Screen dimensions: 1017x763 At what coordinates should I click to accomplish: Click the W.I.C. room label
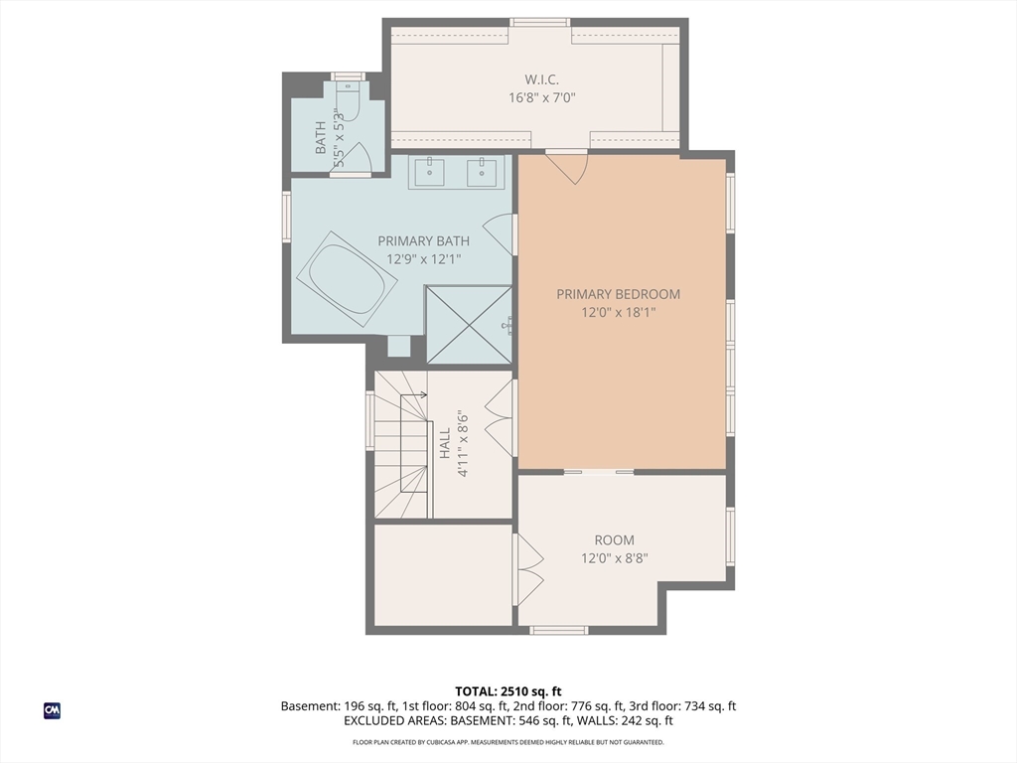tap(541, 79)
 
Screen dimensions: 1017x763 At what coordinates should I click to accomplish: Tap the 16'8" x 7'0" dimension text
tap(542, 98)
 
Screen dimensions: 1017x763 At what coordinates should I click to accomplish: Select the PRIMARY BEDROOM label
tap(618, 294)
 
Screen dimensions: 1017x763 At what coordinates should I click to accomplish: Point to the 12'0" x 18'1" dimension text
tap(618, 313)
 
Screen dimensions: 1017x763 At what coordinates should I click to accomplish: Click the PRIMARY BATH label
tap(423, 240)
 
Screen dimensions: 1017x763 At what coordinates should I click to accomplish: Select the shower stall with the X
tap(469, 325)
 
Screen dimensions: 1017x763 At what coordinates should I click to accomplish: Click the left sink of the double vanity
tap(429, 172)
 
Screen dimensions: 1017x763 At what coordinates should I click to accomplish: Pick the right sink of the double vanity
tap(482, 172)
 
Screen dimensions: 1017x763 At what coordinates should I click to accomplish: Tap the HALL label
tap(445, 444)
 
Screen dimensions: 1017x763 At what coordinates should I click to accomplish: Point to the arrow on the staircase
tap(413, 394)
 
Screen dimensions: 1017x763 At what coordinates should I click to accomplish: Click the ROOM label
tap(614, 539)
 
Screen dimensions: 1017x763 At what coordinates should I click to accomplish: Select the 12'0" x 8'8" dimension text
tap(614, 558)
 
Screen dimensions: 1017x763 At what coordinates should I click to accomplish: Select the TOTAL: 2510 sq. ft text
tap(508, 691)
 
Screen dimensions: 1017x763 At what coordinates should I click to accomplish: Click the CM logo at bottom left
tap(52, 710)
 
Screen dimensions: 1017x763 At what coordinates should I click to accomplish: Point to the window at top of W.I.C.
tap(539, 23)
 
